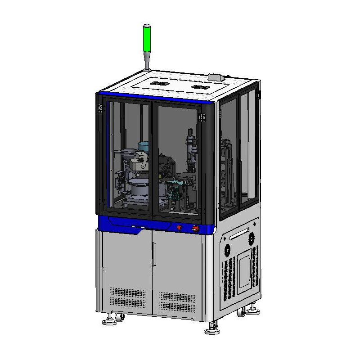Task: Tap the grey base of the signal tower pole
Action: coord(147,68)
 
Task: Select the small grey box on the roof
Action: coord(216,77)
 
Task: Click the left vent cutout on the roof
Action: coord(159,84)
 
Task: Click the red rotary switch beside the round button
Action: coord(196,229)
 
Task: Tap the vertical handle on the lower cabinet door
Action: coord(153,254)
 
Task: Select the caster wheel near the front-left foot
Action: coord(120,318)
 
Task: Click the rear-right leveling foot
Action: coord(253,310)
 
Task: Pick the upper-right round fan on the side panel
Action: coord(251,237)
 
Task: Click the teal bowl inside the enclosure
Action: coord(144,146)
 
